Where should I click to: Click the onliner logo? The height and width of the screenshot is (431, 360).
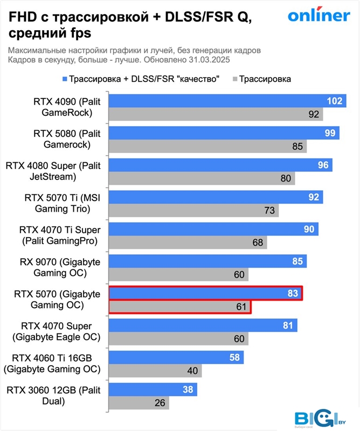pos(319,16)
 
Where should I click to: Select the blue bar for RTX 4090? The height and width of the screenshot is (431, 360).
pos(226,101)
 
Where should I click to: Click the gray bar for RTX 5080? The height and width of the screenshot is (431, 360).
pos(207,145)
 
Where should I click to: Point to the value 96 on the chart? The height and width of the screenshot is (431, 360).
pos(323,165)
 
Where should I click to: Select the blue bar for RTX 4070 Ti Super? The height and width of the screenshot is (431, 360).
pos(213,230)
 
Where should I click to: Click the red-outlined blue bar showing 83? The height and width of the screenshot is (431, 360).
pos(205,294)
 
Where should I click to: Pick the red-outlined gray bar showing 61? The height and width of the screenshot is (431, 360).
pos(179,307)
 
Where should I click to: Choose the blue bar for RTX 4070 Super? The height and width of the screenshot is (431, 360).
pos(203,325)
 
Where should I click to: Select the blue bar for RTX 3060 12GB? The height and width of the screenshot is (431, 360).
pos(153,390)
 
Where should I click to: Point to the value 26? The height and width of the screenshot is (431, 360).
pos(159,403)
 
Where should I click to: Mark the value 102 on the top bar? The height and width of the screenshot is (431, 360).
pos(335,101)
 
